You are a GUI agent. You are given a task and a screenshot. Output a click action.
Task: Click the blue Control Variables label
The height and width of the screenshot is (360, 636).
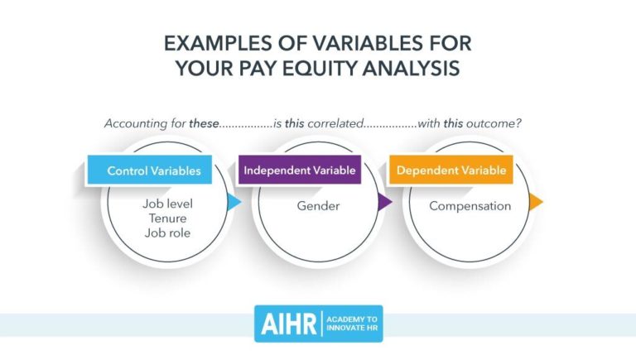pos(153,171)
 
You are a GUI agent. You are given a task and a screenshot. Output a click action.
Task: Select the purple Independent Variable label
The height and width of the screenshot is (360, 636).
pos(299,171)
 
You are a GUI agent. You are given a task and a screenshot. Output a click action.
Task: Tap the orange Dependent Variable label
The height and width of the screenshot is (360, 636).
pos(451,171)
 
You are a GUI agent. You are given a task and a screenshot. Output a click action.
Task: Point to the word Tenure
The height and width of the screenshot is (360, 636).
pos(167,218)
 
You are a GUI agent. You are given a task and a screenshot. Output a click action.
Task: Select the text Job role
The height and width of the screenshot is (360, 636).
pos(167,233)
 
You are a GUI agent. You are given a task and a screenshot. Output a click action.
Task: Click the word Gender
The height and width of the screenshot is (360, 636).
pos(318,205)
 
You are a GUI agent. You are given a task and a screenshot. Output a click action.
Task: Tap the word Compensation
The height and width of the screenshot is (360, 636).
pos(470,205)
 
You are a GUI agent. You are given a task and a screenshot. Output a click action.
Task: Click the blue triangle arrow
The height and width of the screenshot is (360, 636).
pos(234,202)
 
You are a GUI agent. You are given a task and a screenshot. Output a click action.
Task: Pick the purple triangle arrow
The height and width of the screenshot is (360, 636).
pos(384,202)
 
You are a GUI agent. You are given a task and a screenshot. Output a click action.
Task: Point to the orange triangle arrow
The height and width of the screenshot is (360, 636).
pos(536,202)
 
